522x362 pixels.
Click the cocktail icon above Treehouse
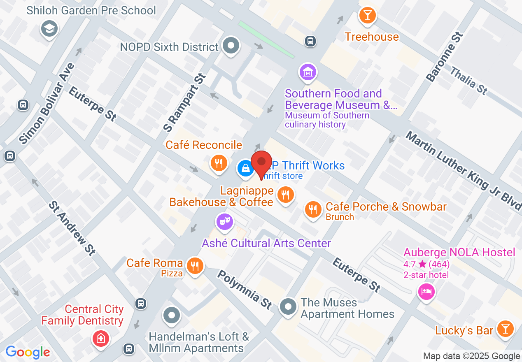click(367, 15)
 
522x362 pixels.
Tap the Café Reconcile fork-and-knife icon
click(219, 163)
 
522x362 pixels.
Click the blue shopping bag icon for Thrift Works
click(245, 168)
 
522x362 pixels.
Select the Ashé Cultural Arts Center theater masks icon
click(224, 222)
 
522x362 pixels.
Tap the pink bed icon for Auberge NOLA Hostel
click(426, 292)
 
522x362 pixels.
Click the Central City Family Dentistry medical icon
click(100, 339)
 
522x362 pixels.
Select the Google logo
click(28, 352)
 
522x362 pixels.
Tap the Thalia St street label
click(468, 81)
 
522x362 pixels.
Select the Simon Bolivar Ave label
click(47, 103)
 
